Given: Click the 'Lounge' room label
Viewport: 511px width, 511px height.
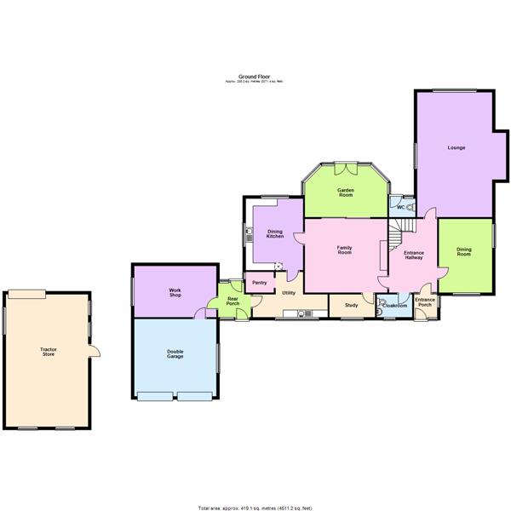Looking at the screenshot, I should (456, 148).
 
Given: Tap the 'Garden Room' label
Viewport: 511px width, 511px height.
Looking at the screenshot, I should (345, 192).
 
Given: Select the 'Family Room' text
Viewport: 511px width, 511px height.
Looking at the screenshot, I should (345, 250).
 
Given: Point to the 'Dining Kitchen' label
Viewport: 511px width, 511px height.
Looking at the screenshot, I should (275, 233).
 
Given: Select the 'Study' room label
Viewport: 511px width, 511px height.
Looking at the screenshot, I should (351, 304).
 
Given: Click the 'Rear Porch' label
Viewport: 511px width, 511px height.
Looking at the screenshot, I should (232, 301).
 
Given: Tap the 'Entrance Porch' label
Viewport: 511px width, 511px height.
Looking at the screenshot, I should (424, 302).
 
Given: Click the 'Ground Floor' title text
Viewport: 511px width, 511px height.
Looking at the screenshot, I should (255, 77).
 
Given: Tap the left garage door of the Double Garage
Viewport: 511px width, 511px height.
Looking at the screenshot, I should (154, 395).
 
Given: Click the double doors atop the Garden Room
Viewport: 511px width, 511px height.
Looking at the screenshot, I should (345, 164).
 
